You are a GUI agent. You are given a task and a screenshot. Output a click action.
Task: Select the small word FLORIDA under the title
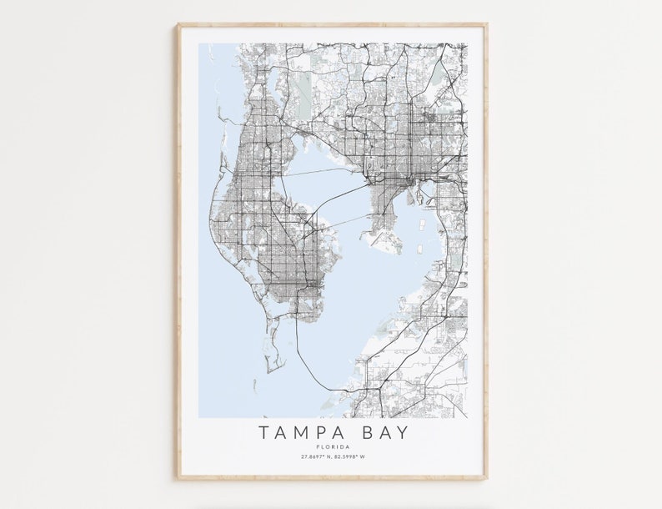332,446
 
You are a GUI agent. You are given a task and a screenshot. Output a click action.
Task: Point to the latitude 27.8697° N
315,456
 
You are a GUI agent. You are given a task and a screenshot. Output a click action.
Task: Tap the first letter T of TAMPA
263,432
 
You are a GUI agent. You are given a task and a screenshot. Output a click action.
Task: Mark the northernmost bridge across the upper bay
325,171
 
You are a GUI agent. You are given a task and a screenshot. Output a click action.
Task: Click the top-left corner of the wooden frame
178,25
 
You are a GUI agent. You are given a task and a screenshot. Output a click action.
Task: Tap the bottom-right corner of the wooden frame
486,478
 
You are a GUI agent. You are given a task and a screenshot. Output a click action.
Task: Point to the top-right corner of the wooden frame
486,25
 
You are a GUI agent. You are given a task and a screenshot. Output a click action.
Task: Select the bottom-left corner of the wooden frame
178,478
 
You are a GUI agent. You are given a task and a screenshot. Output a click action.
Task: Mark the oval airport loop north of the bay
370,167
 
